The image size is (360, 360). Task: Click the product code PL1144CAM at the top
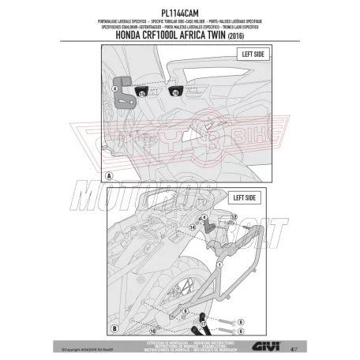click(179, 10)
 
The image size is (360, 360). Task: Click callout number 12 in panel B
click(234, 216)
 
